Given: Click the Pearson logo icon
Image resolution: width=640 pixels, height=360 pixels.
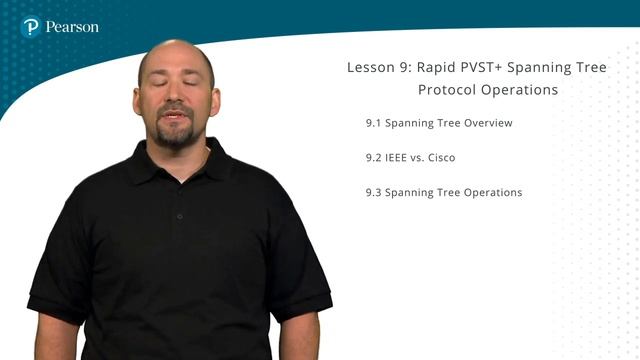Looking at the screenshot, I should [31, 27].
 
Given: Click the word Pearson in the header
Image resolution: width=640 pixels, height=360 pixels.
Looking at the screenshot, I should [72, 27].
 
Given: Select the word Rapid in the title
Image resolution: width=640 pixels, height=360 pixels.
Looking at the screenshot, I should [433, 68].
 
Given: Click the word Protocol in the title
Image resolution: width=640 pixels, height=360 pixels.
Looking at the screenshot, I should [446, 90].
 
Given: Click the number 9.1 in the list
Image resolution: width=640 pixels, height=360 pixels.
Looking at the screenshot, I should [374, 124].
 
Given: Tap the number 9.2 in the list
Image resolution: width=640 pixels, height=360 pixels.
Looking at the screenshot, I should [374, 158].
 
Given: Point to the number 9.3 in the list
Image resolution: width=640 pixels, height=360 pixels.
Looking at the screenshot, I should [374, 192].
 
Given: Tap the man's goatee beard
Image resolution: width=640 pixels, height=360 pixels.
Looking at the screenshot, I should [177, 138].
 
